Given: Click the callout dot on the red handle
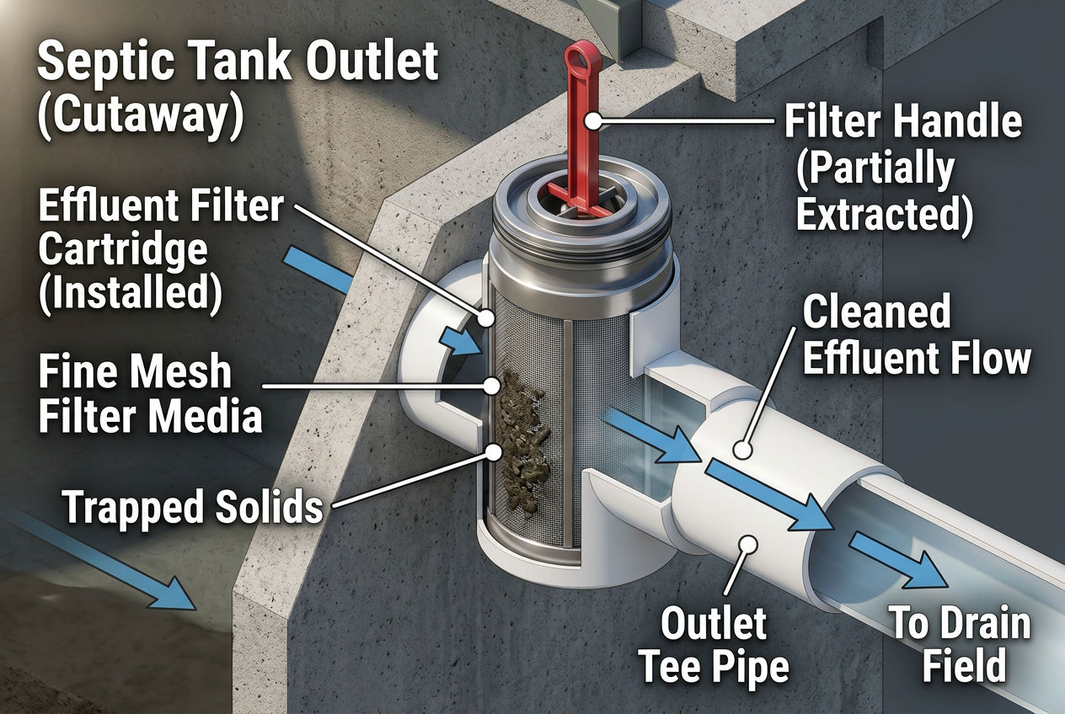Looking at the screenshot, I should (x=593, y=121).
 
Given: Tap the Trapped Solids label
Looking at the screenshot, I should (x=193, y=507).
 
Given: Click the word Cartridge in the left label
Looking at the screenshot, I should (x=122, y=250).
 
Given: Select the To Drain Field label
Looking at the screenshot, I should (x=961, y=645).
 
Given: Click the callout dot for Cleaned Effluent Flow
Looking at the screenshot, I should (x=743, y=450).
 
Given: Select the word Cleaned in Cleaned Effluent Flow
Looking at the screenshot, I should (x=875, y=313).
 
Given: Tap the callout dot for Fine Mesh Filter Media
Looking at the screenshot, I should (x=490, y=386).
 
